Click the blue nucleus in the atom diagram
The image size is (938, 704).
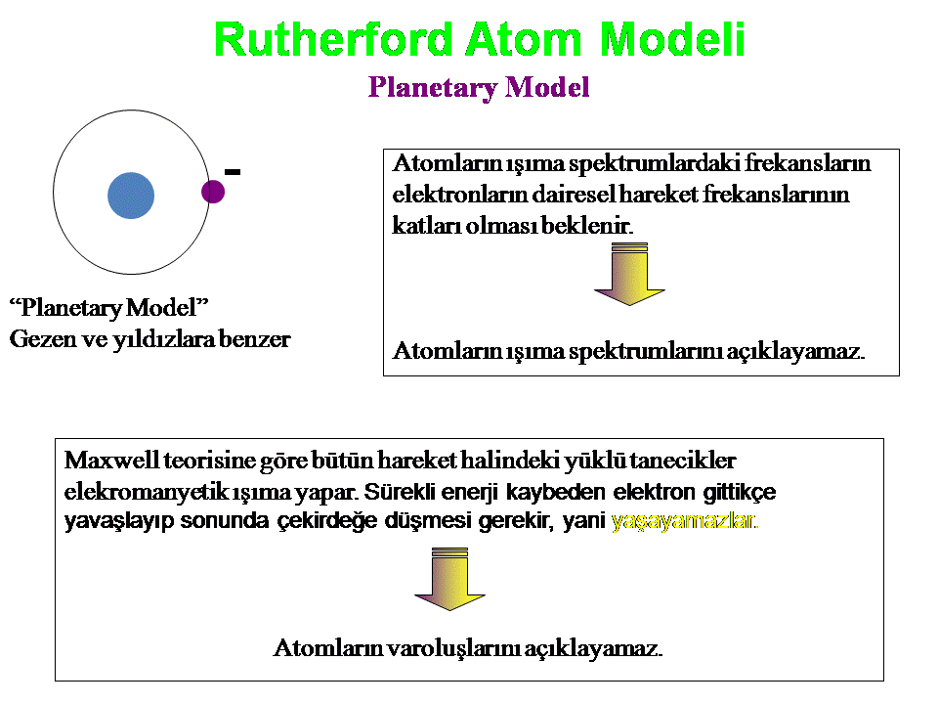click(x=131, y=196)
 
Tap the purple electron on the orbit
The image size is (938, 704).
click(x=213, y=192)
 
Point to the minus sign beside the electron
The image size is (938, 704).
click(x=233, y=172)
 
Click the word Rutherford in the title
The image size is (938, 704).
click(x=333, y=39)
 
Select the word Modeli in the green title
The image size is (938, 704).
click(x=672, y=39)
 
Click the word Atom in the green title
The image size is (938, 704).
click(x=524, y=39)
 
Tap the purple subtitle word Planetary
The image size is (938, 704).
click(x=433, y=87)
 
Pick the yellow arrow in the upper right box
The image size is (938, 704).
click(x=629, y=274)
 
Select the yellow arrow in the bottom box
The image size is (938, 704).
click(x=449, y=579)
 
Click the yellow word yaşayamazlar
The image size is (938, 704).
click(x=684, y=521)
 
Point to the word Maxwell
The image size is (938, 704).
click(x=111, y=461)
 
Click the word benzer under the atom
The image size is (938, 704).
click(x=255, y=339)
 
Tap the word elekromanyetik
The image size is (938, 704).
click(x=146, y=492)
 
